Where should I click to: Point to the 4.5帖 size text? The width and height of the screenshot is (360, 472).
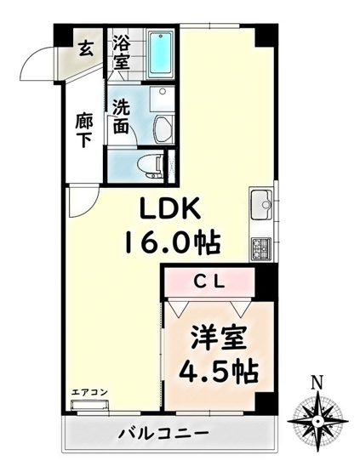(x=219, y=372)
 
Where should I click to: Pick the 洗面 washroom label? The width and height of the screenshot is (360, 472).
(x=121, y=117)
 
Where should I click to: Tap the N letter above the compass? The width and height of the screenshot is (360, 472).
(x=316, y=383)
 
